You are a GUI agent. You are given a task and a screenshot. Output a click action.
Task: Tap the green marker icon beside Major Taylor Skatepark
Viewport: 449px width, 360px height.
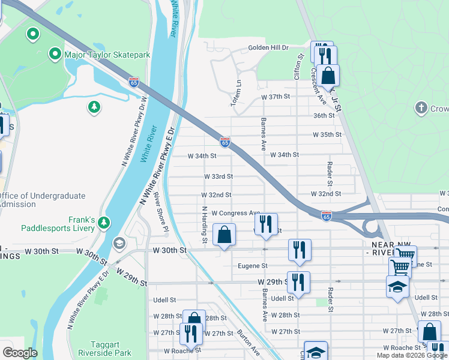coord(56,55)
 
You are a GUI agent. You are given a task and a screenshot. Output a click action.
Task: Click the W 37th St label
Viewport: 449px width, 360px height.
coord(275,97)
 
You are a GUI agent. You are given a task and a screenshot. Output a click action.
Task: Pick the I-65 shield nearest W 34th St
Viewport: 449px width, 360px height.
coord(224,142)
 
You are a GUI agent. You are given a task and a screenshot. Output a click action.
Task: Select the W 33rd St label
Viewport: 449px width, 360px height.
coord(218,176)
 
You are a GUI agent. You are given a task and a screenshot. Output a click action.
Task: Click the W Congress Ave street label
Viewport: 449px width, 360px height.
coord(235,212)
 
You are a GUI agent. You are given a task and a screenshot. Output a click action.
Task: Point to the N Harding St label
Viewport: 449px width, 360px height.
coord(205,225)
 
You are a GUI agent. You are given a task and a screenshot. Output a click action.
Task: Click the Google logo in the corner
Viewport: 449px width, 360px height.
coord(20,353)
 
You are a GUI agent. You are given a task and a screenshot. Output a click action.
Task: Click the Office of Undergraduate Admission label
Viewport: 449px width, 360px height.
coord(43,200)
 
